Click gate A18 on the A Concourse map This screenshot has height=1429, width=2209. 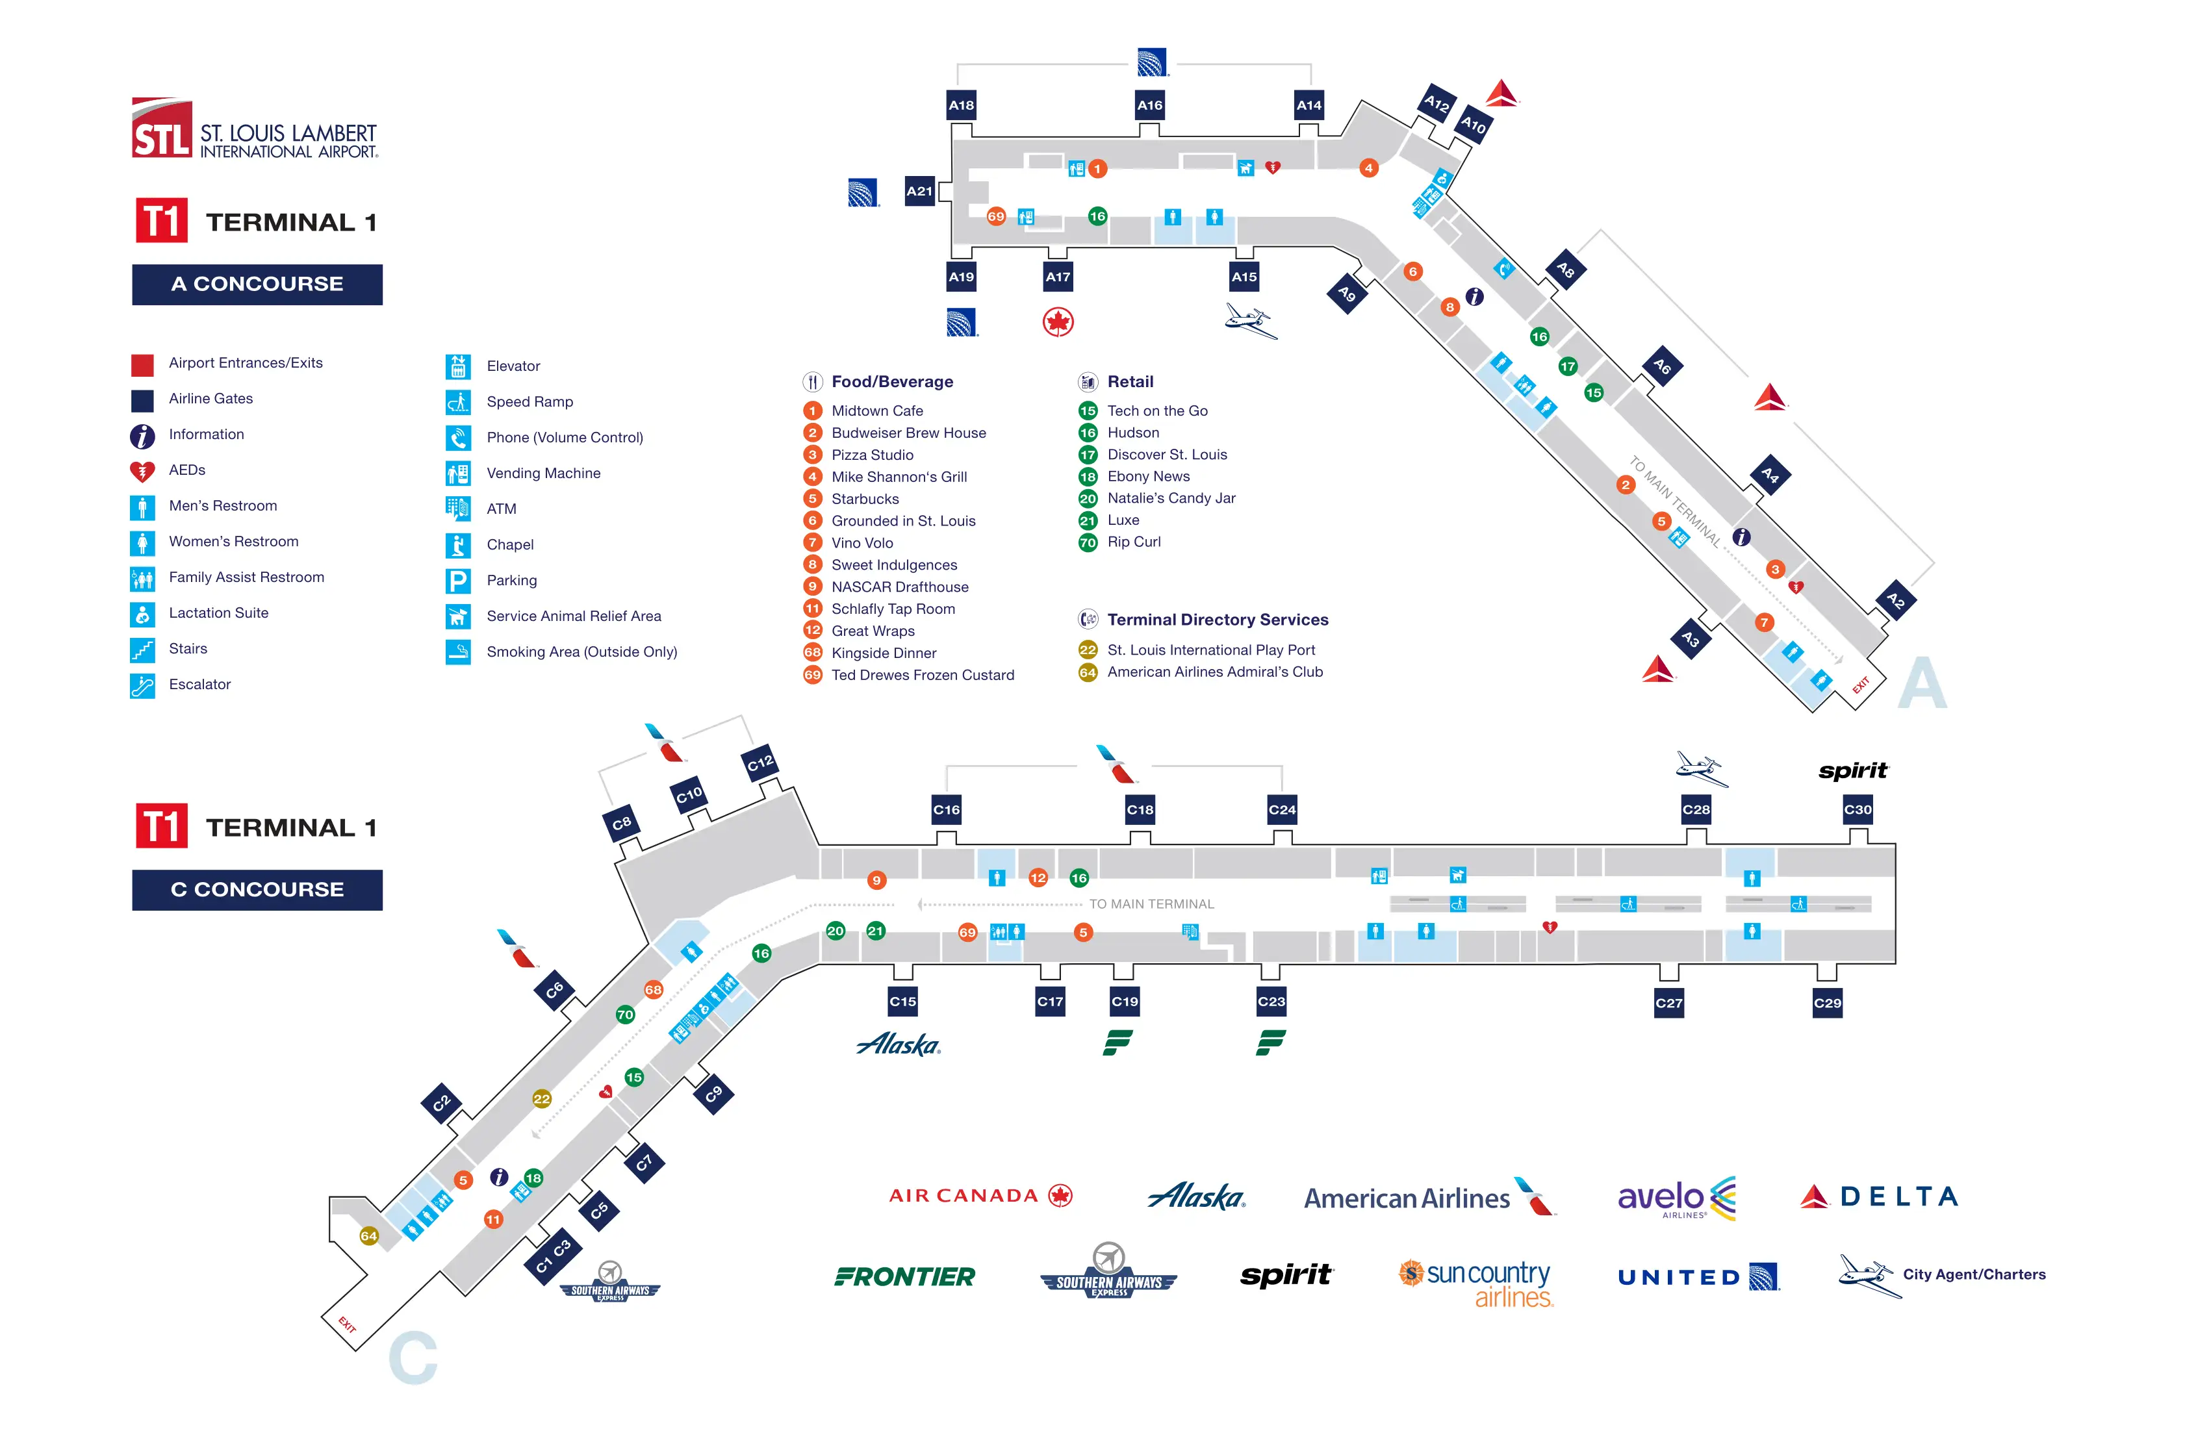pyautogui.click(x=962, y=105)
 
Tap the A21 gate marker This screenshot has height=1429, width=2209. pyautogui.click(x=919, y=191)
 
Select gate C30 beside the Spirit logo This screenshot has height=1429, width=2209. pyautogui.click(x=1858, y=809)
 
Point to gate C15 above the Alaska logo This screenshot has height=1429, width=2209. pyautogui.click(x=902, y=1001)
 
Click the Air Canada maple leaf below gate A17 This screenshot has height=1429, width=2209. pyautogui.click(x=1058, y=322)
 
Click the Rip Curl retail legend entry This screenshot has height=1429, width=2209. pyautogui.click(x=1132, y=542)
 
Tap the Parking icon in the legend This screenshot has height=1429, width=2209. pyautogui.click(x=457, y=581)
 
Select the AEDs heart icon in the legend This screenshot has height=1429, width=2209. pyautogui.click(x=142, y=472)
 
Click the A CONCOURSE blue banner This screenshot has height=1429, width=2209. pyautogui.click(x=257, y=284)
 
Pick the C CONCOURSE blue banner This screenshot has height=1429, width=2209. pyautogui.click(x=257, y=889)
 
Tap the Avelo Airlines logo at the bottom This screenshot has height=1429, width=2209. pyautogui.click(x=1676, y=1197)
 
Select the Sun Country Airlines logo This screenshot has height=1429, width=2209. pyautogui.click(x=1475, y=1282)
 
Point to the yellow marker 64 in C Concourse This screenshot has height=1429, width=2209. pyautogui.click(x=368, y=1235)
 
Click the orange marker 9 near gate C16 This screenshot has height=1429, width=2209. pyautogui.click(x=876, y=879)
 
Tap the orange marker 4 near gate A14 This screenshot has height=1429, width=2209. pyautogui.click(x=1368, y=168)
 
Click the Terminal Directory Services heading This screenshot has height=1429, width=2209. pyautogui.click(x=1217, y=620)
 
